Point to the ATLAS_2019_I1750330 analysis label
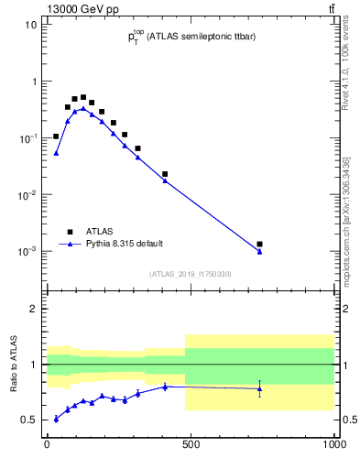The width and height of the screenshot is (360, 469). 191,274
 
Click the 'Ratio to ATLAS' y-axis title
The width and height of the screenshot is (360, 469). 13,365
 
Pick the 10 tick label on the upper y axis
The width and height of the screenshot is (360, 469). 30,25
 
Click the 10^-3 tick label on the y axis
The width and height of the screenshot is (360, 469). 28,251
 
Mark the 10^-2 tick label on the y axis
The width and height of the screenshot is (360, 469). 28,194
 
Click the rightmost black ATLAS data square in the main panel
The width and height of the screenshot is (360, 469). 260,245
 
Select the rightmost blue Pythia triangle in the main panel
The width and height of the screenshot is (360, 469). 260,252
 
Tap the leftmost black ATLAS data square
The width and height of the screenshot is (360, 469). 56,136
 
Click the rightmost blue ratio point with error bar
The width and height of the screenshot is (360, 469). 260,388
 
